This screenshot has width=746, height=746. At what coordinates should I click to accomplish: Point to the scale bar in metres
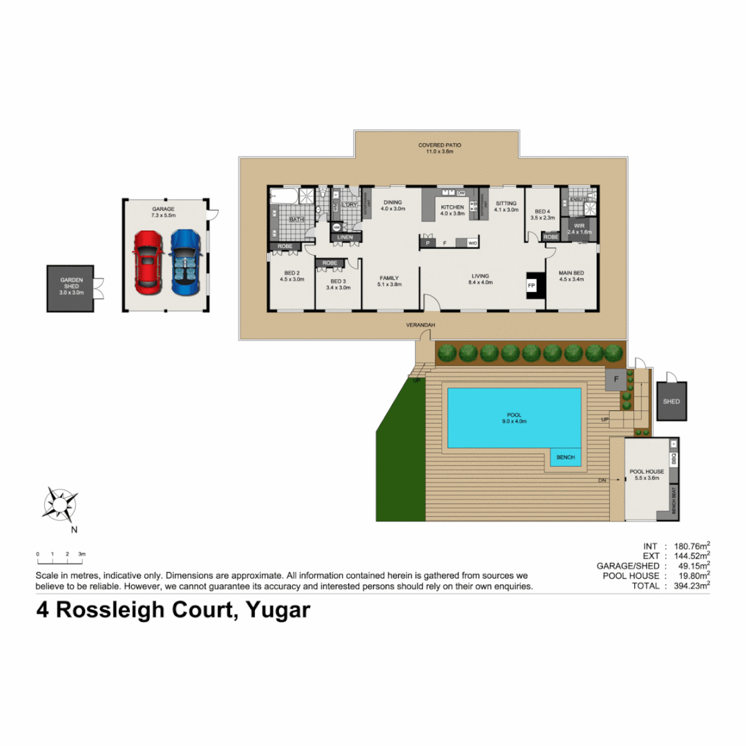tap(60, 554)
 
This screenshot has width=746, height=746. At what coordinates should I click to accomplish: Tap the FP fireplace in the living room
tap(532, 285)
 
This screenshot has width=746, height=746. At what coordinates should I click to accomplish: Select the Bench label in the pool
tap(565, 457)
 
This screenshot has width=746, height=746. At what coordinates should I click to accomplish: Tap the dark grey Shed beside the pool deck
tap(671, 401)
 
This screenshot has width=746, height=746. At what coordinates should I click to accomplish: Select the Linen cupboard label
tap(345, 238)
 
